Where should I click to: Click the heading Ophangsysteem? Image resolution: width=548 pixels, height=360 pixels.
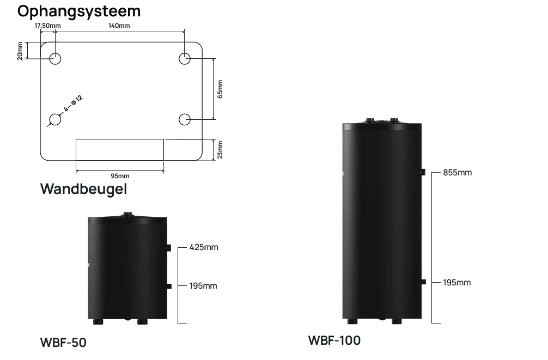pos(79,10)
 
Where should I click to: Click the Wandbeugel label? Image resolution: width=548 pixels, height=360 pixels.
pos(83,190)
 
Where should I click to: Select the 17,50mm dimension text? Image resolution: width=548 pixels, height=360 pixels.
pos(47,26)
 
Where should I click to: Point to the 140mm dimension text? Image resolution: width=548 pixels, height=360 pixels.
pos(119,26)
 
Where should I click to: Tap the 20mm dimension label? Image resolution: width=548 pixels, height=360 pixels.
pos(20,51)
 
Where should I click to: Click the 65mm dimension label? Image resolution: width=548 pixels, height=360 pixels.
pos(220,89)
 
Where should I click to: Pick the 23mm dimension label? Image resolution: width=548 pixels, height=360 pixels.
pos(220,149)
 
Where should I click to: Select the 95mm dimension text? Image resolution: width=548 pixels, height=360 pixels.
pos(120,176)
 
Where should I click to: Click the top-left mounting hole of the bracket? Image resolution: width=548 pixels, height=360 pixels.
pos(55,59)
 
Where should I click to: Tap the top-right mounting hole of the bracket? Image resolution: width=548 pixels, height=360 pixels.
pos(185,59)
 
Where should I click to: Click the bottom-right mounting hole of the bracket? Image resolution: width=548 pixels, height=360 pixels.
pos(185,118)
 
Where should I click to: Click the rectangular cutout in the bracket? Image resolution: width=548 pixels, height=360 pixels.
pos(119,149)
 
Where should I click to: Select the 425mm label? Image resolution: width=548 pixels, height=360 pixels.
pos(204,247)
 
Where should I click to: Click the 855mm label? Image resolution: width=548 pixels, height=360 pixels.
pos(458,173)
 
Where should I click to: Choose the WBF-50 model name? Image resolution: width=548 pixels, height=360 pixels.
pos(63,343)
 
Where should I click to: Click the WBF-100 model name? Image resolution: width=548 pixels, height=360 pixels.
pos(334,341)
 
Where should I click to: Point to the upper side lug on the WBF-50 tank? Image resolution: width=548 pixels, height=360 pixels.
pos(169,248)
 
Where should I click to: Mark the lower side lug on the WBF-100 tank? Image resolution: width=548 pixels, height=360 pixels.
pos(423,282)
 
